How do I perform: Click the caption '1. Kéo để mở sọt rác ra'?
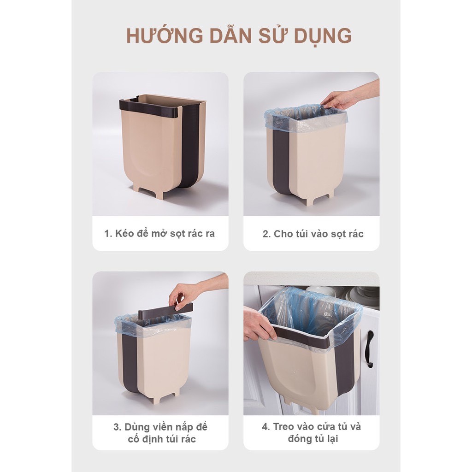point(159,233)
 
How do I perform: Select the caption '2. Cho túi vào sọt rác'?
point(313,234)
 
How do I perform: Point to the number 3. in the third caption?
point(118,427)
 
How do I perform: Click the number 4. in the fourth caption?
point(266,427)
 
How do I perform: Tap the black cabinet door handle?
point(370,349)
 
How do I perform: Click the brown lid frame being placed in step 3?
point(165,310)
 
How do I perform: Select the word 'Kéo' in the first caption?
point(123,233)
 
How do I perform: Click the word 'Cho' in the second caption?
point(282,234)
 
